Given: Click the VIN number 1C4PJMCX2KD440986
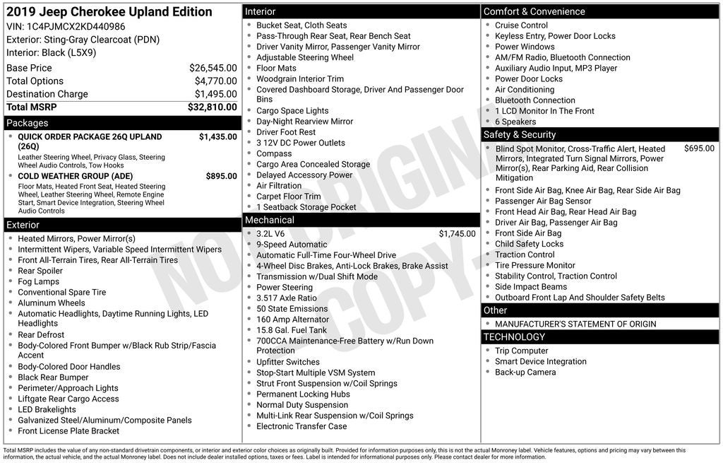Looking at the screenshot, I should (76, 26).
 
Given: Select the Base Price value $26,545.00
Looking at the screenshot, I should (213, 68).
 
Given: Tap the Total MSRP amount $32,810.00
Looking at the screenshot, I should (212, 107).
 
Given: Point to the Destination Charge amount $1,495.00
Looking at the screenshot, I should (215, 94).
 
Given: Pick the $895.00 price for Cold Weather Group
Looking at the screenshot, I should (221, 176).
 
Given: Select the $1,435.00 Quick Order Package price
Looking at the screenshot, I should (217, 136).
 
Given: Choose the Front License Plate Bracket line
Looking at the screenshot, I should (68, 430).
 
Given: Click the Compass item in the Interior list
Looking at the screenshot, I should (274, 153).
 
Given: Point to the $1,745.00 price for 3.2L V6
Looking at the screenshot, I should (457, 234).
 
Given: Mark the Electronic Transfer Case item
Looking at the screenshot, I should (301, 426).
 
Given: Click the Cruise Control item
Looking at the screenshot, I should (521, 25).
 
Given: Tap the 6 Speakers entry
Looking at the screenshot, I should (515, 122).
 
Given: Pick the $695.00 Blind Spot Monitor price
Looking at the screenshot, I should (699, 148).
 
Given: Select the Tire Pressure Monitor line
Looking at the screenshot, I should (534, 265).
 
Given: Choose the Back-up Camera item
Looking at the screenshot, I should (525, 372).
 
